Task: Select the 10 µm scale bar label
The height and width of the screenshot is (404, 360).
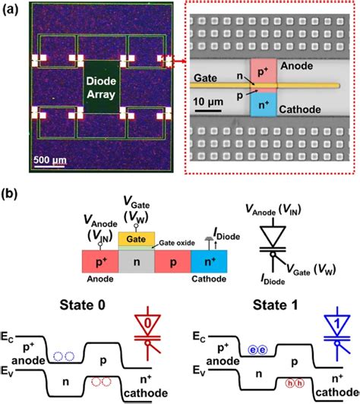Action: pyautogui.click(x=208, y=102)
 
